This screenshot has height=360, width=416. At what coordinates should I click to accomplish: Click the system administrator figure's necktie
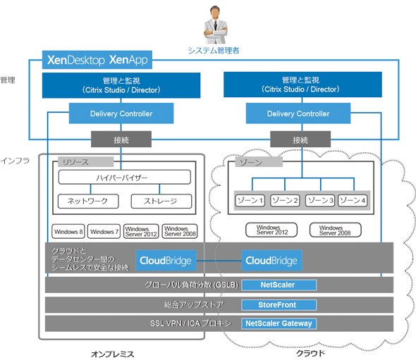(x=216, y=25)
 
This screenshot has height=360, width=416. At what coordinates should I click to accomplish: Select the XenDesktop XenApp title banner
(x=97, y=60)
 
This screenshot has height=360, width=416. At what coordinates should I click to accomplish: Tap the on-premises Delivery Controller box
(x=121, y=113)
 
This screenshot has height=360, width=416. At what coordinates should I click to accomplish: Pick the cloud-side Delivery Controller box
(x=298, y=113)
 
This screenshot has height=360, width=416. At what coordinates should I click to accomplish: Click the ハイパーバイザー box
(x=124, y=177)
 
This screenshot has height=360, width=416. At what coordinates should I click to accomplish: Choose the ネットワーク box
(x=88, y=201)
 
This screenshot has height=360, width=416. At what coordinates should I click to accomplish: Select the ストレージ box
(x=161, y=201)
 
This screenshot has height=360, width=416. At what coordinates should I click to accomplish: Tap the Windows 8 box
(x=68, y=231)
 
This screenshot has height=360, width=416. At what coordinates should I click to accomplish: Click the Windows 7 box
(x=104, y=231)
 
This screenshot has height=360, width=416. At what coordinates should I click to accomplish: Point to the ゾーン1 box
(x=250, y=200)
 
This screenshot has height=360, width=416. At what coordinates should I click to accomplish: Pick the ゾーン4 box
(x=353, y=200)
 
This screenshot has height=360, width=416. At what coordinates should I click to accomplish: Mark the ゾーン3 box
(x=320, y=200)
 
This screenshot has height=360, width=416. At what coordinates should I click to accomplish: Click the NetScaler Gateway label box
(x=279, y=323)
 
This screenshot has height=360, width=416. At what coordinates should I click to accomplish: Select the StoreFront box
(x=279, y=305)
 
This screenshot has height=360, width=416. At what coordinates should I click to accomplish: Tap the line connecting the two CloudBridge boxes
(x=219, y=261)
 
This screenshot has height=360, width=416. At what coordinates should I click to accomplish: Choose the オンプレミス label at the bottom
(x=113, y=354)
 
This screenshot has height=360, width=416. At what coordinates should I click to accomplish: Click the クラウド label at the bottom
(x=310, y=353)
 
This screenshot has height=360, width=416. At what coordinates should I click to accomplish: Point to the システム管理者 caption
(x=214, y=50)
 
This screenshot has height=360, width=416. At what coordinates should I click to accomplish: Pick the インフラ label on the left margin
(x=15, y=161)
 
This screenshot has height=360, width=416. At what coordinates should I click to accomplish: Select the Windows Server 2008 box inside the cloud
(x=336, y=230)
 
